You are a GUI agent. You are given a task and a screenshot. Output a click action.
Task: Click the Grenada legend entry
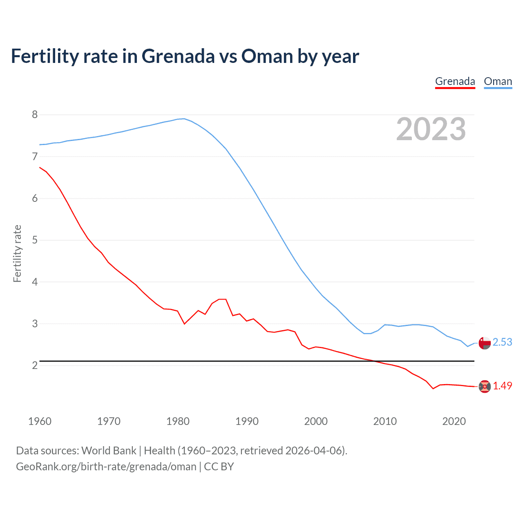(x=455, y=81)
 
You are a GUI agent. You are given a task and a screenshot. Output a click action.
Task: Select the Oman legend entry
(x=498, y=81)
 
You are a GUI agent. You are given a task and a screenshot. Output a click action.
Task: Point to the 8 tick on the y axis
(x=35, y=115)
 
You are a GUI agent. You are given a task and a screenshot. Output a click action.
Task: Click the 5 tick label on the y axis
(x=35, y=240)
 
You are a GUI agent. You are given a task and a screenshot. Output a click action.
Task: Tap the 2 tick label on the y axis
(x=35, y=365)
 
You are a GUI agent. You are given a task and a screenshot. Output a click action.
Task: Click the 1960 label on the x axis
(x=40, y=421)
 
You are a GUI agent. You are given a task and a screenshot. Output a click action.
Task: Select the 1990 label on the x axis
(x=247, y=421)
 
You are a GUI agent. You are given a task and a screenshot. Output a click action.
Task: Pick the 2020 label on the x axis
(x=454, y=421)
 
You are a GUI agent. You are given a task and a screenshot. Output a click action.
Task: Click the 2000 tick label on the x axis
(x=316, y=421)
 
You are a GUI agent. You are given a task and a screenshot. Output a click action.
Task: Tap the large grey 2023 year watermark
(x=431, y=129)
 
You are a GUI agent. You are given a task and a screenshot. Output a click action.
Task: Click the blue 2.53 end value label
(x=502, y=342)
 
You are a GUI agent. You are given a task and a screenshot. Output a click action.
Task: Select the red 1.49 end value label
(x=502, y=386)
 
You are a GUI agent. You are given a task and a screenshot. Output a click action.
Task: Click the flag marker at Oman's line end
(x=485, y=343)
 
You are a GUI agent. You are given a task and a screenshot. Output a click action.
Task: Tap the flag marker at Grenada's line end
(x=485, y=386)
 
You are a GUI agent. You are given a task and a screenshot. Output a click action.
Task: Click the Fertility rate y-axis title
(x=17, y=253)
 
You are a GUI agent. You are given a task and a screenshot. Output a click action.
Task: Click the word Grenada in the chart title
(x=178, y=56)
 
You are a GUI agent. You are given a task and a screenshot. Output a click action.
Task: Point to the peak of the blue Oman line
(x=184, y=118)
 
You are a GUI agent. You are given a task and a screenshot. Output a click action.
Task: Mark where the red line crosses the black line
(x=374, y=361)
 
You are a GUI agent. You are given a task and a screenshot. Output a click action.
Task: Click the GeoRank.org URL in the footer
(x=106, y=467)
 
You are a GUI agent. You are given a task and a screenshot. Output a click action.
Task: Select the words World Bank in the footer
(x=109, y=451)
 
